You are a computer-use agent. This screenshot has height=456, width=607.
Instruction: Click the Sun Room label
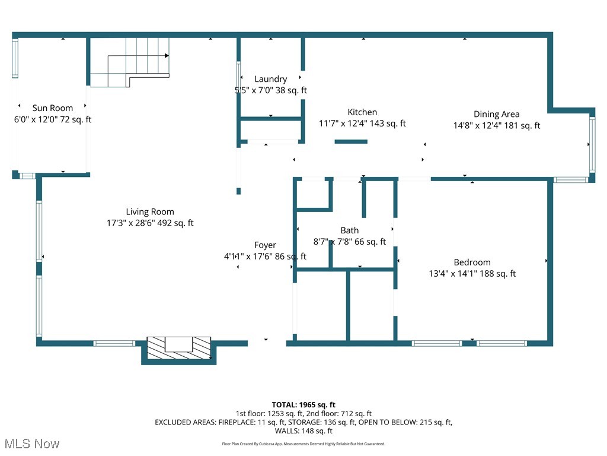pos(53,108)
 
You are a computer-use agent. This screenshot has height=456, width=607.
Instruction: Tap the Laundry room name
pos(271,79)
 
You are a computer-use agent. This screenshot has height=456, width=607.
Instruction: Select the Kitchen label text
pos(362,112)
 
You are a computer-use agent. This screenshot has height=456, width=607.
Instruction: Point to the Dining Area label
pos(496,114)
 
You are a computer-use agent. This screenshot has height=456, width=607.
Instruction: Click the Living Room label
pos(150,211)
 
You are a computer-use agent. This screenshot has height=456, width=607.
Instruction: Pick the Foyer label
pos(265,245)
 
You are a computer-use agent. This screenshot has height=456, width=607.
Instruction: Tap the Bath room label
pos(349,230)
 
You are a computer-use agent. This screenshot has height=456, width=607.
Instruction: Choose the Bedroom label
pos(472,262)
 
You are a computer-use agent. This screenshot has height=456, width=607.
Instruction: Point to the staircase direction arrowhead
pos(167,56)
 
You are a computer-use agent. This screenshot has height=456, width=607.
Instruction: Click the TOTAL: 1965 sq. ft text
pos(303,404)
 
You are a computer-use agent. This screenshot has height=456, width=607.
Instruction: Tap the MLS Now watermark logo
pos(31,444)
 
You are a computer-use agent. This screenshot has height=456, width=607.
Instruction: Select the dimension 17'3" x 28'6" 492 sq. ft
pos(150,223)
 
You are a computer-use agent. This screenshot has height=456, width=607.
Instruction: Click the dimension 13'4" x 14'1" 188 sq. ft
pos(472,274)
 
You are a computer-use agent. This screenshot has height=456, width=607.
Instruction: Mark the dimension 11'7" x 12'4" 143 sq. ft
pos(362,123)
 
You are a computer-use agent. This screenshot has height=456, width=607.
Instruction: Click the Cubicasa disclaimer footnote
pos(303,444)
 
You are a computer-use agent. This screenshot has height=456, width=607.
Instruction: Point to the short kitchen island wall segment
pos(351,141)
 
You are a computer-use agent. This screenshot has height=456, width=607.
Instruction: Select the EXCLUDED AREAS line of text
pos(303,422)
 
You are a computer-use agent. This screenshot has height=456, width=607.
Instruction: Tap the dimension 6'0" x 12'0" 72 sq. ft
pos(53,119)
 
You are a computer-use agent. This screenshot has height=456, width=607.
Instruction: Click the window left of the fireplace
pos(114,343)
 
